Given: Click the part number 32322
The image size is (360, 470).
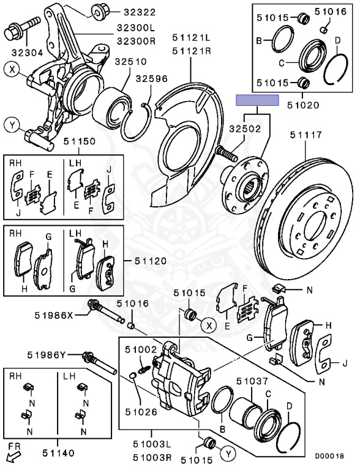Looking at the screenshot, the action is click(140, 12).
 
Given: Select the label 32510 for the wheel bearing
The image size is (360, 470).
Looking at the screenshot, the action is click(131, 62).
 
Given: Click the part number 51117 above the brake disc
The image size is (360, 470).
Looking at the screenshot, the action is click(306, 135).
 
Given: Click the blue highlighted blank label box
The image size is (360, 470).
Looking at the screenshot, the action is click(257, 100).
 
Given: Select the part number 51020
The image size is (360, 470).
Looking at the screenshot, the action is click(303, 105).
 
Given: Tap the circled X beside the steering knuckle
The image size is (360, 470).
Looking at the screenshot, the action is click(12, 70).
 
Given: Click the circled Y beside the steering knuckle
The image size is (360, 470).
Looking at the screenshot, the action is click(12, 125).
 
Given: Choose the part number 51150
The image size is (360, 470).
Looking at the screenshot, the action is click(80, 141).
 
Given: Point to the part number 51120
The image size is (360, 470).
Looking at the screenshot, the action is click(151, 261).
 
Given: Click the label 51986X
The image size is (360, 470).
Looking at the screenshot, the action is click(54, 315).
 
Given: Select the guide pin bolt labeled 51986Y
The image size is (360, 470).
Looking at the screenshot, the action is click(99, 362).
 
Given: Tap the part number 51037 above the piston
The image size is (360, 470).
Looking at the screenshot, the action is click(252, 381).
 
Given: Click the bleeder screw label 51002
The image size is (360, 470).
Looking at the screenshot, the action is click(141, 349).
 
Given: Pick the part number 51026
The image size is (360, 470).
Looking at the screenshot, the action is click(141, 412).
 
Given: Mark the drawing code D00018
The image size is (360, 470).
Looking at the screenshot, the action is click(329, 456).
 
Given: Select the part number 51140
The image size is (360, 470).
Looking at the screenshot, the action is click(58, 453).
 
